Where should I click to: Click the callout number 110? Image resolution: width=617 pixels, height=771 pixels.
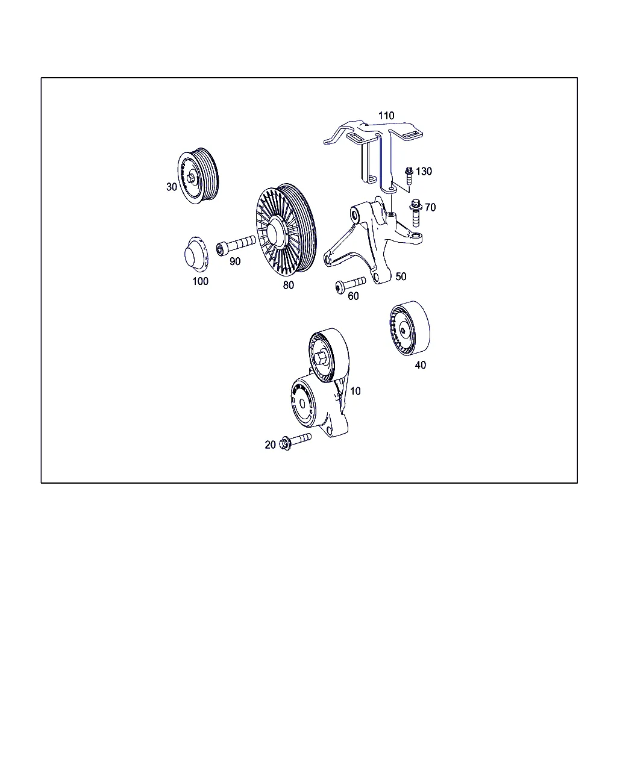[386, 116]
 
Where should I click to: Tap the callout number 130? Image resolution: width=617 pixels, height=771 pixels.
[424, 171]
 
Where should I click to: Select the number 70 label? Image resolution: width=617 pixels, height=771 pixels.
[430, 207]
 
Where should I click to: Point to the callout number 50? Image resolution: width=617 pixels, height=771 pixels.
[401, 276]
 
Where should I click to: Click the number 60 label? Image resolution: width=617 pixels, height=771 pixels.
[353, 296]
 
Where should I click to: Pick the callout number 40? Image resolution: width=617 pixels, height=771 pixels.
[420, 365]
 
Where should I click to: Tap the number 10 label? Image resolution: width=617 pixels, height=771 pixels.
[355, 391]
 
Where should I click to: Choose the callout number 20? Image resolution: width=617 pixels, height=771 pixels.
[270, 445]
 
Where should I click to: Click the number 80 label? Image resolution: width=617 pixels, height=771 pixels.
[288, 285]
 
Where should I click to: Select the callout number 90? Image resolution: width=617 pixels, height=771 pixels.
[235, 261]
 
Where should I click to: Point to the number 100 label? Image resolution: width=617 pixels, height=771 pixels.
[201, 281]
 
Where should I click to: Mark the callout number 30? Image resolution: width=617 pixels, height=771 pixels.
[172, 187]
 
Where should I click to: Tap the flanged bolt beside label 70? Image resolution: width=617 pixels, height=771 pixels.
[415, 213]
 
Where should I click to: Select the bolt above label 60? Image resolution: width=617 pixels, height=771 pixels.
[350, 285]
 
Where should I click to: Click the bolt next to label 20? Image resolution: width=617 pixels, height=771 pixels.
[295, 442]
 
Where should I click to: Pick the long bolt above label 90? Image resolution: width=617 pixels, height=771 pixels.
[236, 245]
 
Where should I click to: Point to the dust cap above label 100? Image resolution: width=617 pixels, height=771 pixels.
[196, 254]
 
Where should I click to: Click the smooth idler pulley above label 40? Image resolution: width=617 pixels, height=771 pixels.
[409, 328]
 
